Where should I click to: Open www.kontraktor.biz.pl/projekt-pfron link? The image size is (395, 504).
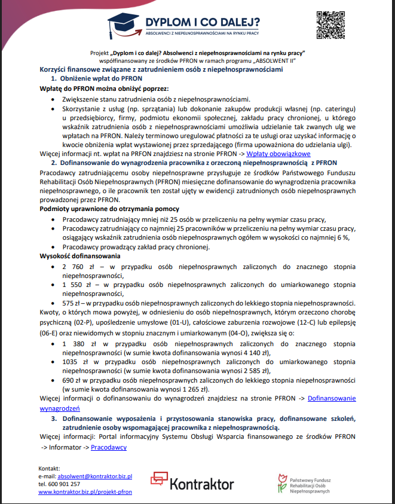tap(85, 491)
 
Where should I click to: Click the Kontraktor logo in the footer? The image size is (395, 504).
tap(192, 482)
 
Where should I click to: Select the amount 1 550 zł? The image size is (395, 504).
tap(75, 285)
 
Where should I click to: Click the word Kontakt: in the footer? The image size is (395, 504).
tap(49, 468)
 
